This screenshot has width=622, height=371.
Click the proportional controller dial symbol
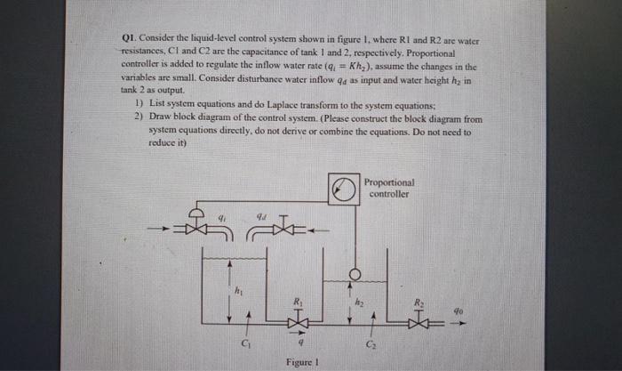[341, 189]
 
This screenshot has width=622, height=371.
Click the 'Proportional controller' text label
[389, 188]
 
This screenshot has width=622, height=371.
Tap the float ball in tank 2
[354, 272]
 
